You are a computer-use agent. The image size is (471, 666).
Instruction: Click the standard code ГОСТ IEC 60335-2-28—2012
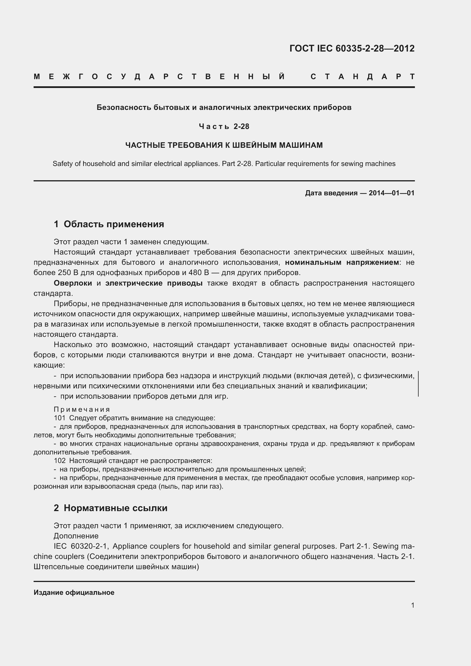coord(352,48)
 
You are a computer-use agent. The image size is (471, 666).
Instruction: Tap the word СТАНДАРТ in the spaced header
coord(363,77)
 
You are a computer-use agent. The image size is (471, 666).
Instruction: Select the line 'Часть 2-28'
coord(224,126)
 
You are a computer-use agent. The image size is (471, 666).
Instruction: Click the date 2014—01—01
coord(392,193)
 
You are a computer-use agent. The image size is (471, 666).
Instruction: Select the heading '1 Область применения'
coord(109,224)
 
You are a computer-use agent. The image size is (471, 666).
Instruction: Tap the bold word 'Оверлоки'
coord(73,283)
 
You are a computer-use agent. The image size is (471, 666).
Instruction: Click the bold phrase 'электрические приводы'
coord(154,283)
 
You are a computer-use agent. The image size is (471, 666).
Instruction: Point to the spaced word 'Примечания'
coord(82,409)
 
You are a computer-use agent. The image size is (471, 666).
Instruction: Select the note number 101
coord(60,418)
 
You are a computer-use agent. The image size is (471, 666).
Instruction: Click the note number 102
coord(60,461)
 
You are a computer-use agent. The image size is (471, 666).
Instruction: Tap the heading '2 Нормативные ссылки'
coord(110,508)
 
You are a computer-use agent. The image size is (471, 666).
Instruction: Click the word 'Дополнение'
coord(76,536)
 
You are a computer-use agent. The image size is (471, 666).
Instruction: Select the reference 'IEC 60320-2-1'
coord(81,546)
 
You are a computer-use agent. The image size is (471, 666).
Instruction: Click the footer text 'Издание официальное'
coord(74,593)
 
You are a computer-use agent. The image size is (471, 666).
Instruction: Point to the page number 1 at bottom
coord(412,605)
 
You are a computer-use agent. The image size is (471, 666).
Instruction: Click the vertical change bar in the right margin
coord(418,384)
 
